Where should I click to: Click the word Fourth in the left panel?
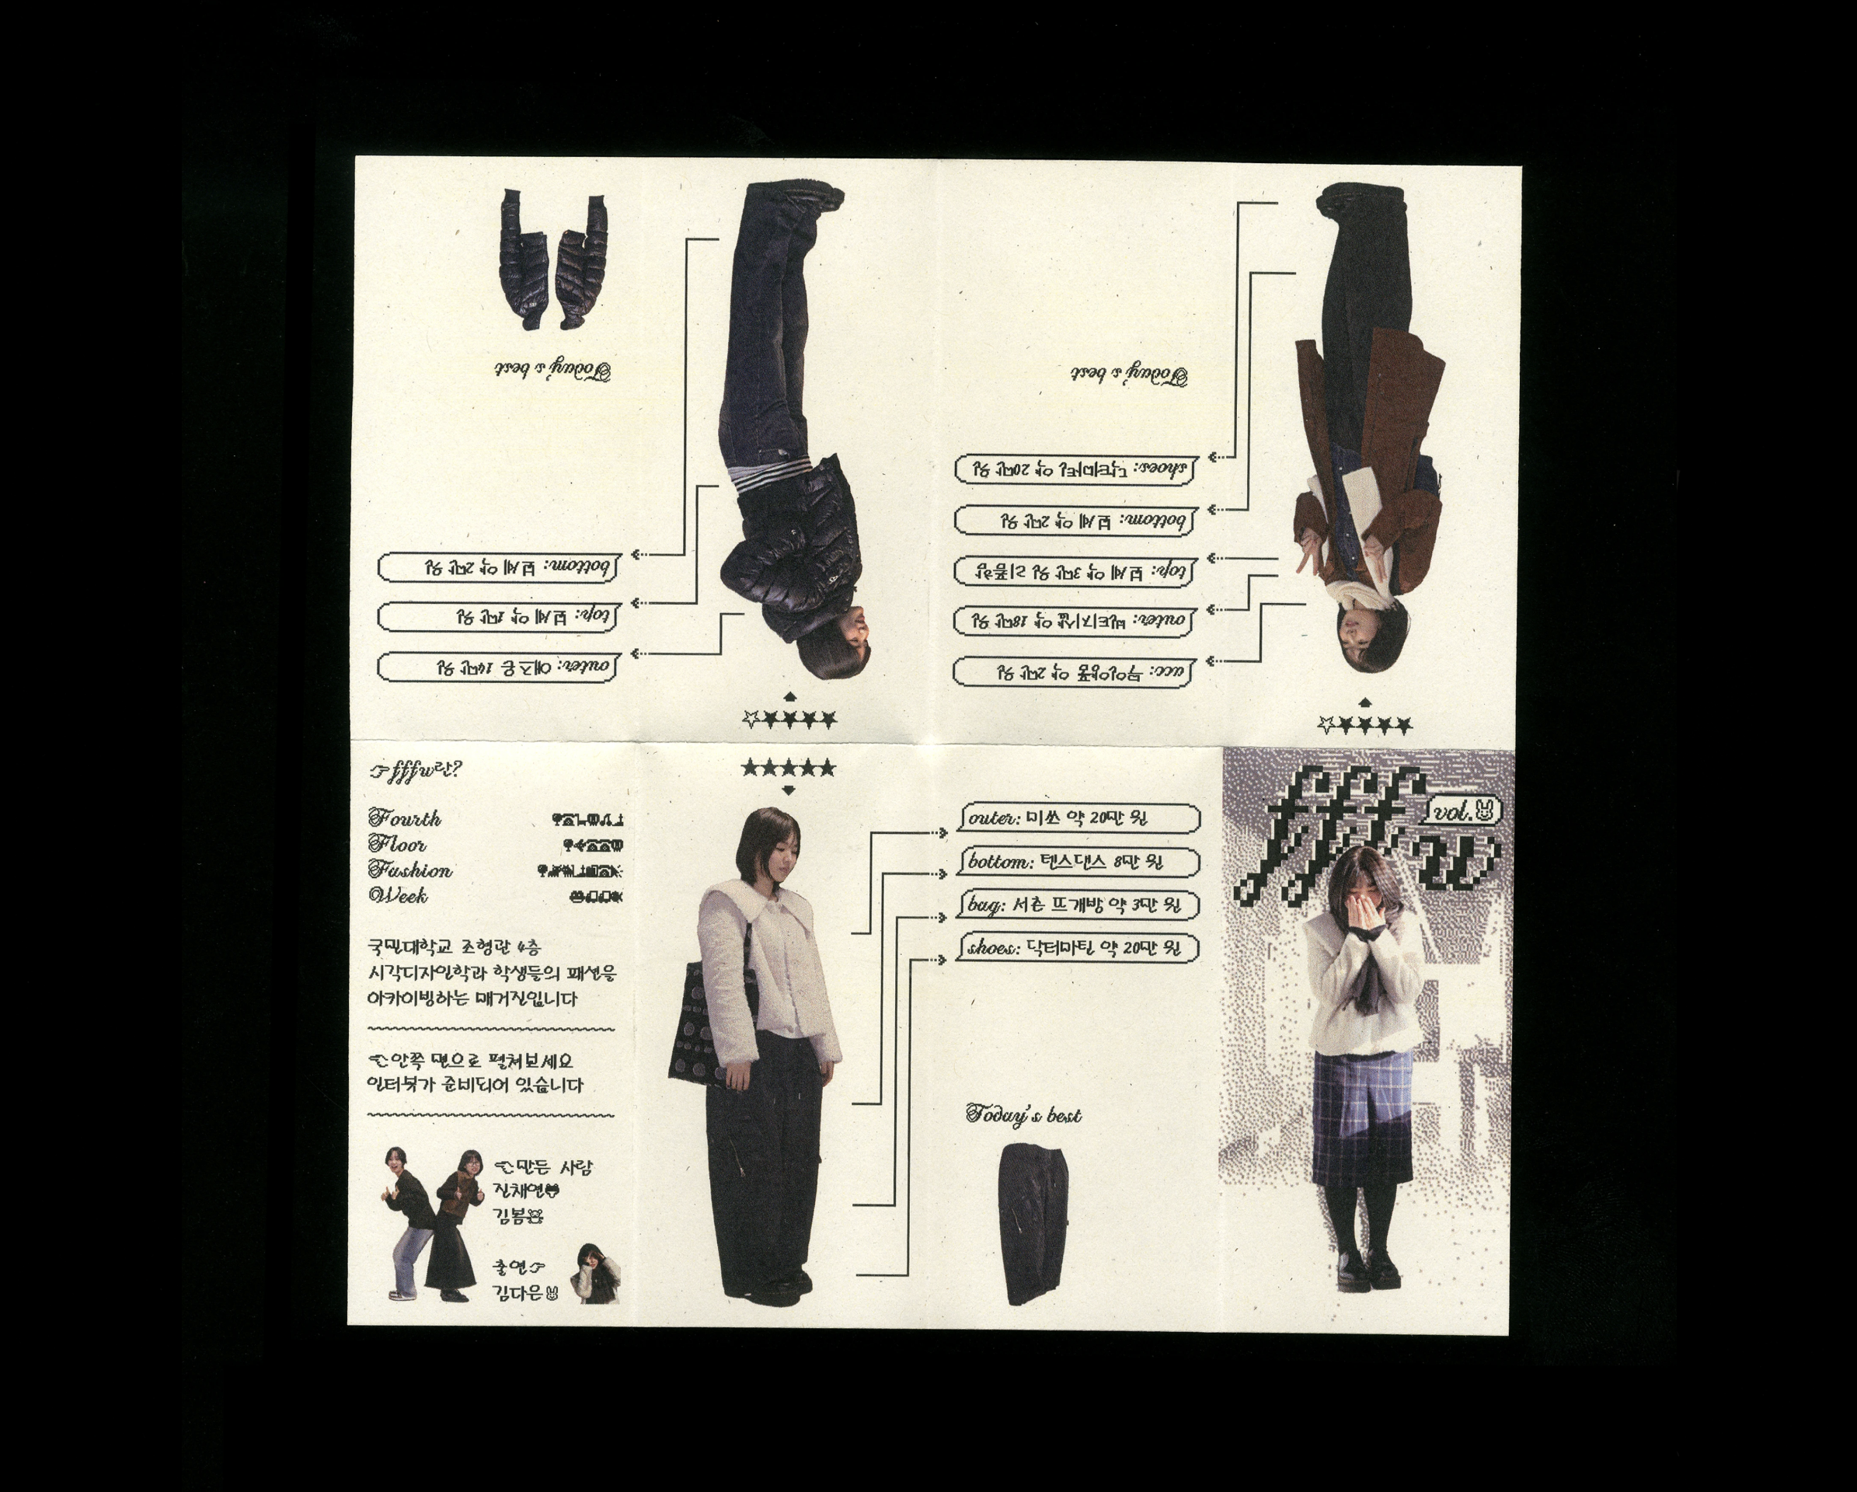[405, 817]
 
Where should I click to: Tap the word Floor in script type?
[398, 843]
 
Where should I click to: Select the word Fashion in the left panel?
[410, 870]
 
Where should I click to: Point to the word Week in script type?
[398, 896]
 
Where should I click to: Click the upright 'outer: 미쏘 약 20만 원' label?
[1079, 817]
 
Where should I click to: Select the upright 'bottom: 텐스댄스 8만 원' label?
[1079, 862]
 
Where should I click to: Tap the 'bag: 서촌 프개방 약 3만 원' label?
[1079, 905]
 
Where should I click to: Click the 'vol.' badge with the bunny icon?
[1465, 810]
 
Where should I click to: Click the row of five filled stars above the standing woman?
[788, 768]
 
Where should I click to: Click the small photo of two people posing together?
[430, 1223]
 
